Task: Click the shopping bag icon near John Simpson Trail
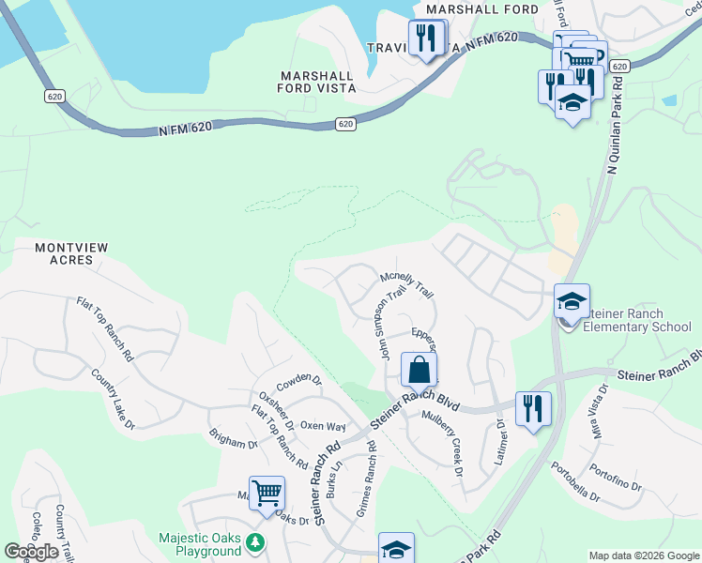coord(419,369)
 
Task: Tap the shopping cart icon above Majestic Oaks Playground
coord(267,492)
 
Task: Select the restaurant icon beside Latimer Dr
coord(533,409)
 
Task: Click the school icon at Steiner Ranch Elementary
coord(572,302)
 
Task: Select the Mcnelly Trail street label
coord(406,285)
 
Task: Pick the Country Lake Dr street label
coord(113,400)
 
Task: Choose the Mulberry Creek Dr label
coord(443,442)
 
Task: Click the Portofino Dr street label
coord(616,479)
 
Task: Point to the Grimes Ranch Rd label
coord(366,479)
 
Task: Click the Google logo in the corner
coord(31,552)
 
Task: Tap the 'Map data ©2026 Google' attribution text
coord(643,555)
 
